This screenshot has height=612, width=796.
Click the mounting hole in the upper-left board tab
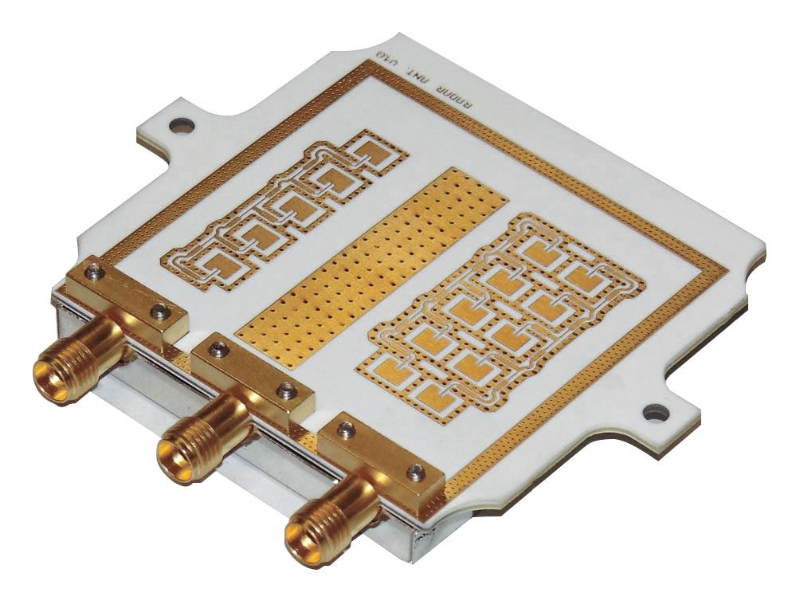(x=182, y=124)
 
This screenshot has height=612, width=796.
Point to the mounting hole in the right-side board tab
(x=655, y=413)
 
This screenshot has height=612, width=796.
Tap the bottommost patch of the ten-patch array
(x=433, y=394)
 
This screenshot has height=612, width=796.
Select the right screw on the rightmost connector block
(x=414, y=473)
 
